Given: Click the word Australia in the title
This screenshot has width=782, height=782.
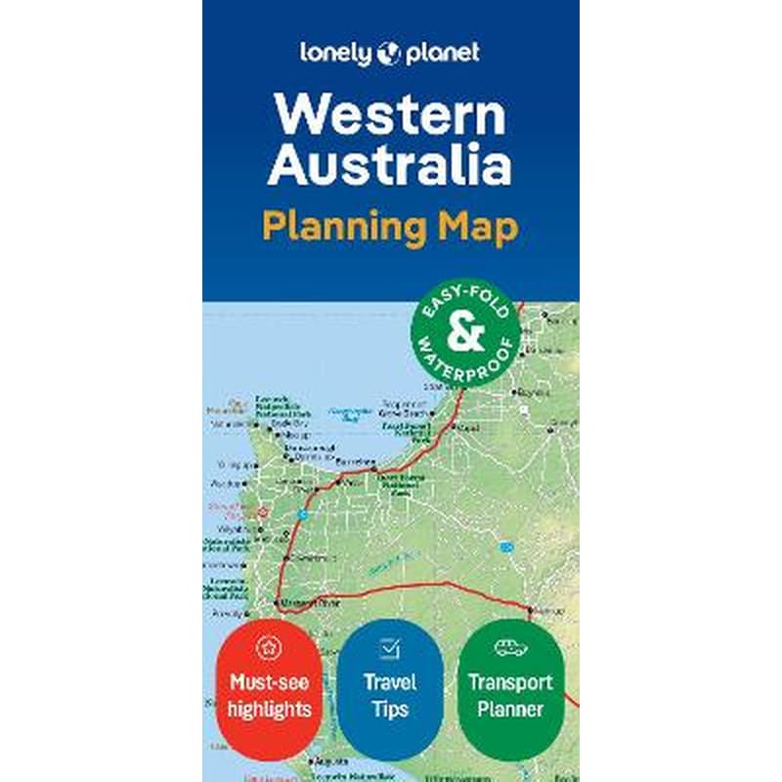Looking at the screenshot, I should (x=390, y=166).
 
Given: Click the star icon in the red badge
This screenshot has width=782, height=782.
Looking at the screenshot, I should (x=269, y=646).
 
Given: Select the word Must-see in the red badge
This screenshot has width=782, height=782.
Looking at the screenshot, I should (x=269, y=682).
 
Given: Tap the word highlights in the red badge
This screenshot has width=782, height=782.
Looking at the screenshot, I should (x=269, y=709).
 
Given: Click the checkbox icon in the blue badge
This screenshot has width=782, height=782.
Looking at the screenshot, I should (x=390, y=646).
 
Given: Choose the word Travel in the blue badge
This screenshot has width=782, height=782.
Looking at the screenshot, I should (x=390, y=682).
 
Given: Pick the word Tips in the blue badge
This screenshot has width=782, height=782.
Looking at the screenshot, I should (x=390, y=709).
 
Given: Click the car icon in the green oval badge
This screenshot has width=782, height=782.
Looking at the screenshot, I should (x=510, y=646).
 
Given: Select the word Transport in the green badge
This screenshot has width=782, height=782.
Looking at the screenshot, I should (x=510, y=682).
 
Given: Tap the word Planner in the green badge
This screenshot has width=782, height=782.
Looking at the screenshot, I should (x=510, y=709).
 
